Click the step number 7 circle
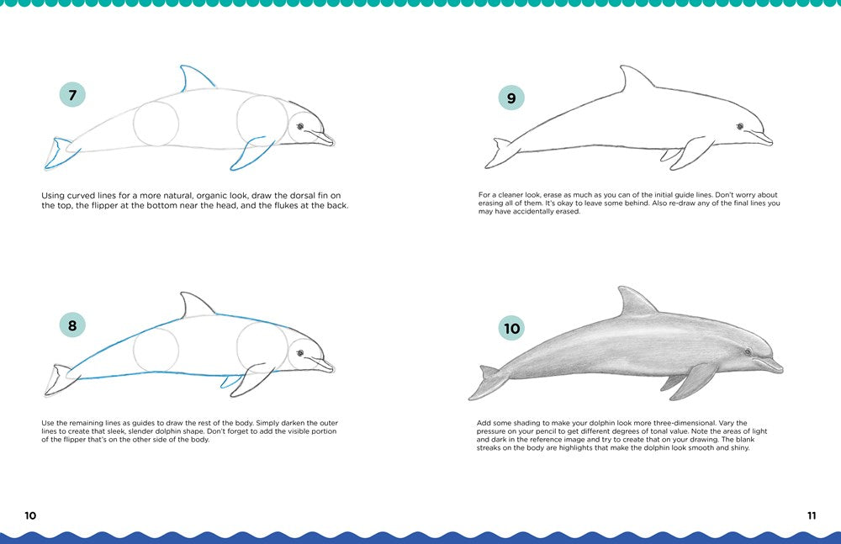[72, 95]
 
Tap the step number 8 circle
[72, 325]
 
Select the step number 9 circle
[510, 98]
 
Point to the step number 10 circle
[510, 328]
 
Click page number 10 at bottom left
[30, 515]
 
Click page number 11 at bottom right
[811, 515]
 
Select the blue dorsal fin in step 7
[192, 79]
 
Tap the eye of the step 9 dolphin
[739, 127]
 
